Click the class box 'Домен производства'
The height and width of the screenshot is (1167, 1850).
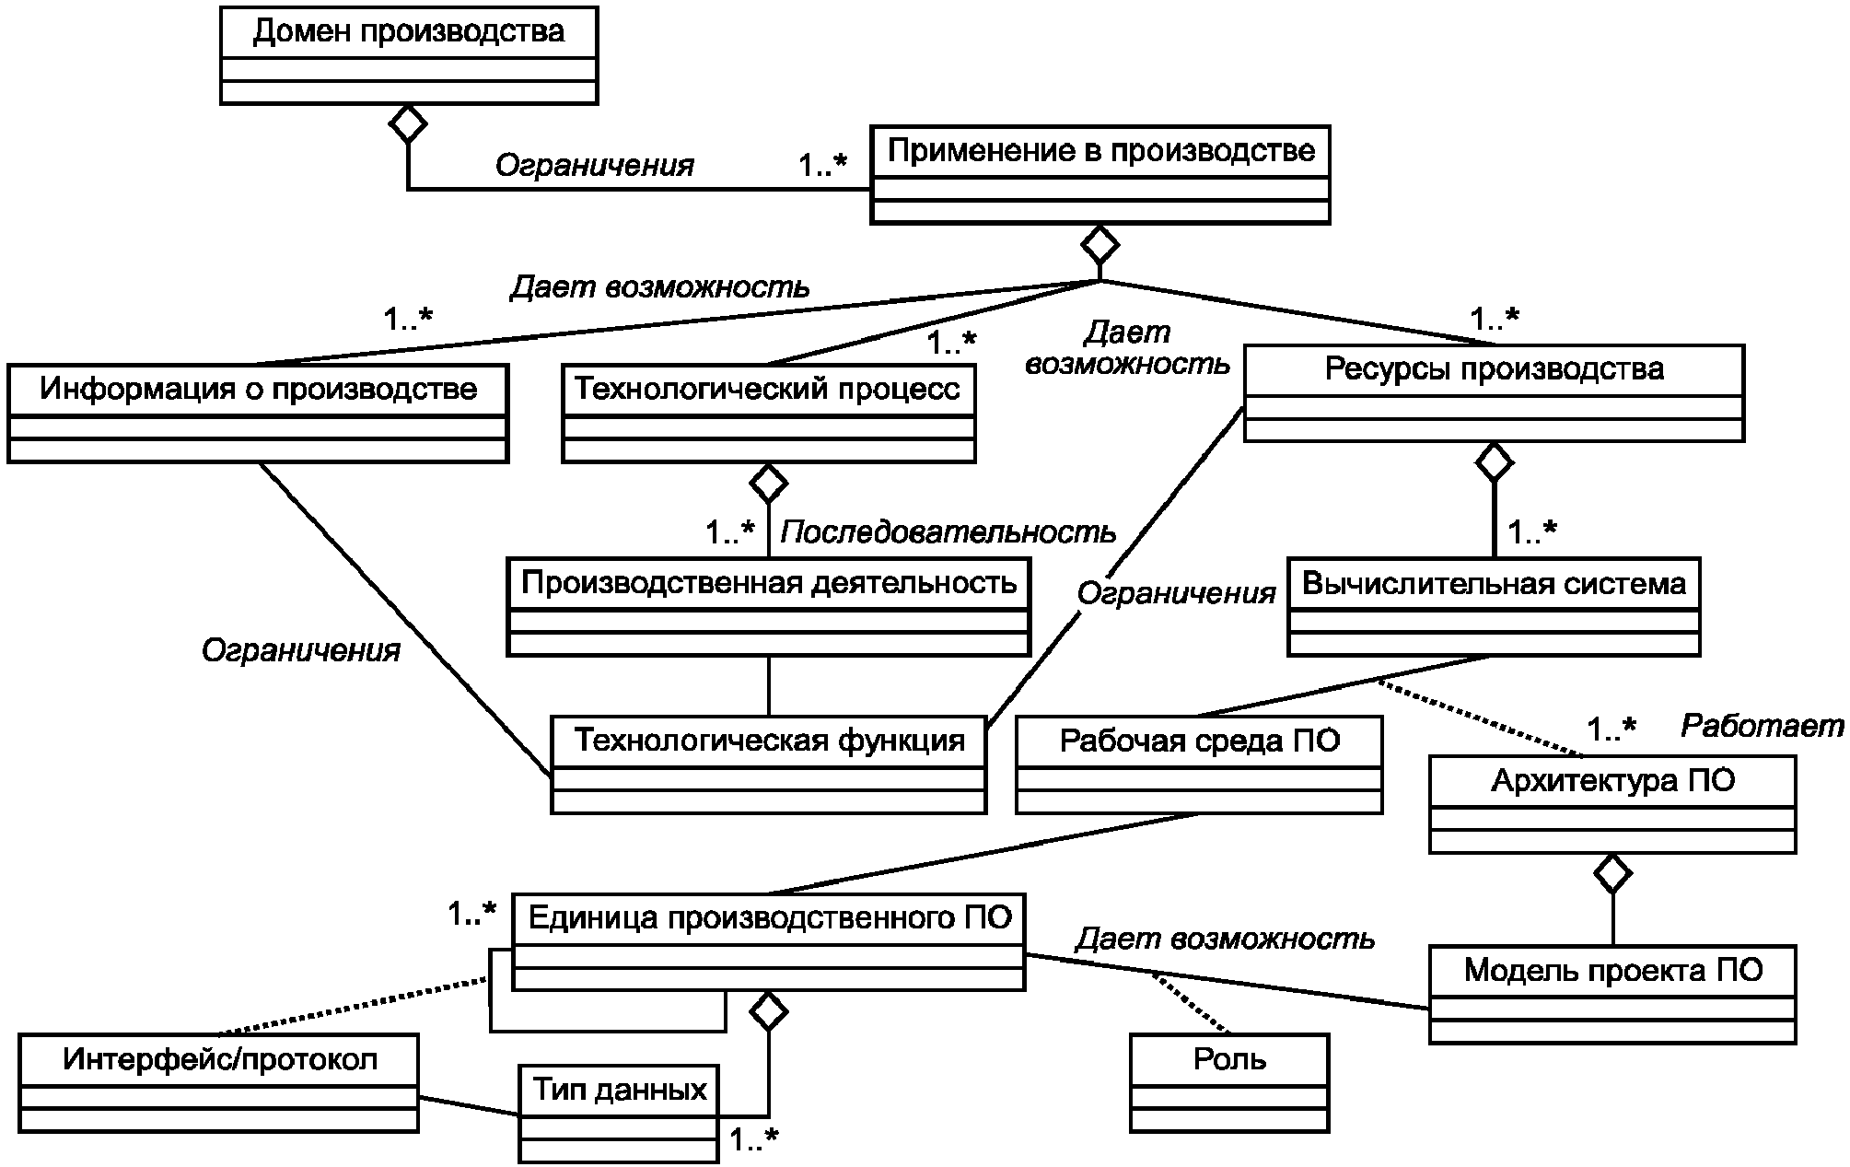tap(409, 55)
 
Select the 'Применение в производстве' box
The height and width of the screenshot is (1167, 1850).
tap(1100, 175)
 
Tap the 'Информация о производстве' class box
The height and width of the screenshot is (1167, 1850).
tap(258, 414)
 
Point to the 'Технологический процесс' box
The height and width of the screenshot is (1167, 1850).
tap(769, 414)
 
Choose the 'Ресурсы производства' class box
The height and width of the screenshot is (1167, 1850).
tap(1494, 393)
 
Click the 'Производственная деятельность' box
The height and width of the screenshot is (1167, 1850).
tap(769, 607)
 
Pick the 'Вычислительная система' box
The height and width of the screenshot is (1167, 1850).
tap(1494, 607)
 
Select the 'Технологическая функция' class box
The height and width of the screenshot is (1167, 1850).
tap(769, 764)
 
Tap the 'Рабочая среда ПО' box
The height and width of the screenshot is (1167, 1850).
tap(1199, 764)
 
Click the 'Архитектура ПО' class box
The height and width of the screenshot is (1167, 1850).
tap(1612, 804)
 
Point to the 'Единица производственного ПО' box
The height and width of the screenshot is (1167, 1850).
tap(769, 941)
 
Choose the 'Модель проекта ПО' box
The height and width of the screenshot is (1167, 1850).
tap(1612, 994)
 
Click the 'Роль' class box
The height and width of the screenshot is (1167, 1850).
tap(1229, 1083)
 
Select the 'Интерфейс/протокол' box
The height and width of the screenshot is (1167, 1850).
tap(219, 1083)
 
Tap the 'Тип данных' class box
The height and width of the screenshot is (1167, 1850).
tap(619, 1114)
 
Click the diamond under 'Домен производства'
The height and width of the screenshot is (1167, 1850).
tap(408, 123)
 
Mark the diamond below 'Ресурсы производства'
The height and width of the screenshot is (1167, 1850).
tap(1494, 461)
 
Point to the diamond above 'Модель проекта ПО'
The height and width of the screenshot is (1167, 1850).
tap(1612, 873)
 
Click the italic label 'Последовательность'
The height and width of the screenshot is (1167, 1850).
tap(948, 532)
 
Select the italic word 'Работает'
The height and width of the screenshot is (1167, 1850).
tap(1762, 727)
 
